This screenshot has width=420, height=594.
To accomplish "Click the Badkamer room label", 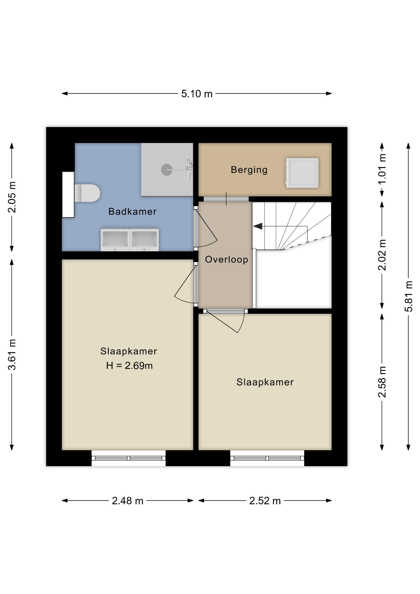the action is (x=132, y=212).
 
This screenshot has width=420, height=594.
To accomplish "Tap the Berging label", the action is (x=249, y=170).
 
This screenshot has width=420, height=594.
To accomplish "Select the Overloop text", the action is (x=227, y=260).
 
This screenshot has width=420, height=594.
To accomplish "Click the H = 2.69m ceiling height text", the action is (x=129, y=366).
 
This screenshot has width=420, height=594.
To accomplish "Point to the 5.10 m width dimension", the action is (x=197, y=94).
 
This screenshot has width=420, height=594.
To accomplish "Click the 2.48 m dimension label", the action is (x=128, y=501).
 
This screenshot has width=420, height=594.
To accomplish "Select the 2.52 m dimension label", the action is (x=265, y=501).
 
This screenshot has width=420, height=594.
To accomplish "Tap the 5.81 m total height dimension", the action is (x=409, y=296).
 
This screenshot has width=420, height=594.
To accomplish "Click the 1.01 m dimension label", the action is (x=382, y=169).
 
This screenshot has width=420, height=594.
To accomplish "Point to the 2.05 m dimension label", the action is (x=12, y=197).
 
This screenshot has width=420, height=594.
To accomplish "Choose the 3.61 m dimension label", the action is (x=12, y=355).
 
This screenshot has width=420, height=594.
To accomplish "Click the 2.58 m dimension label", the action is (x=382, y=382).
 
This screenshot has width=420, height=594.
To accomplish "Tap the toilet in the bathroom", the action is (x=87, y=193).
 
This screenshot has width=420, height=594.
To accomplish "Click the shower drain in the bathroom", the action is (x=167, y=170).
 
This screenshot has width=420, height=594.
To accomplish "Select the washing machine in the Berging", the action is (x=302, y=173).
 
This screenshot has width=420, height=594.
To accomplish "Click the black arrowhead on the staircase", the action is (x=258, y=226).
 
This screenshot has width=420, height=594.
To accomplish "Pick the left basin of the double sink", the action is (x=115, y=240).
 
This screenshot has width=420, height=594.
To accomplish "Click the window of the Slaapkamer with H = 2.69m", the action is (x=129, y=458).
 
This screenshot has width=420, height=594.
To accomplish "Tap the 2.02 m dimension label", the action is (x=382, y=255).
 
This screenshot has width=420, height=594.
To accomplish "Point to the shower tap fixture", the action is (x=190, y=169).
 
